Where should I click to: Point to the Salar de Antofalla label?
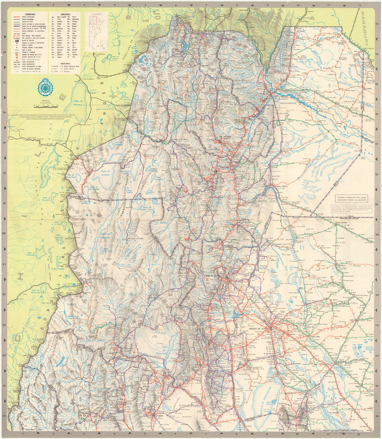click(x=105, y=236)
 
